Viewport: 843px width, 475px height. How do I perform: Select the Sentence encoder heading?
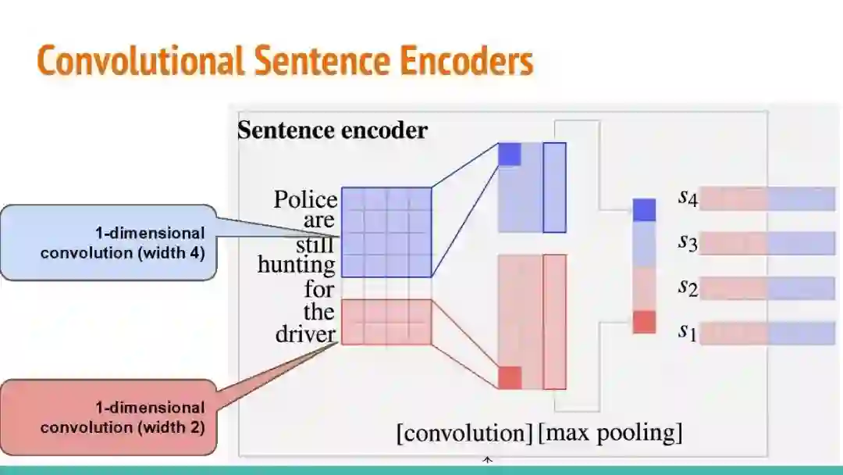click(333, 130)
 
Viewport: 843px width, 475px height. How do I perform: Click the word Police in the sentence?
click(305, 200)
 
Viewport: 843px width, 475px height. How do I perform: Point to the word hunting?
click(297, 266)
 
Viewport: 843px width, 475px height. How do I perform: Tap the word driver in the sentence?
click(306, 334)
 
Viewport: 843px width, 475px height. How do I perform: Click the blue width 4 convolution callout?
click(108, 242)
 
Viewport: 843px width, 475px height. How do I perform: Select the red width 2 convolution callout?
click(108, 417)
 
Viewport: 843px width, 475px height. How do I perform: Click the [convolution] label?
click(464, 432)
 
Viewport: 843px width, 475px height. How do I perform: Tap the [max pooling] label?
click(610, 432)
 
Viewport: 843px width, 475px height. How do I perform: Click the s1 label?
click(687, 332)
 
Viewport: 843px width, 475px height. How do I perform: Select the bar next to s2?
click(767, 288)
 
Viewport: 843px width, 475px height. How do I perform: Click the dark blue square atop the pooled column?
click(644, 210)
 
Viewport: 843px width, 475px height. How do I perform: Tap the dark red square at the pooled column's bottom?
click(644, 322)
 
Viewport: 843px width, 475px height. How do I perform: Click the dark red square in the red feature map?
click(510, 377)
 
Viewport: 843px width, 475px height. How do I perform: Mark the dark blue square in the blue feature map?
click(509, 154)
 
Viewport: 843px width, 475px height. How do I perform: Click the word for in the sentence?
click(319, 289)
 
